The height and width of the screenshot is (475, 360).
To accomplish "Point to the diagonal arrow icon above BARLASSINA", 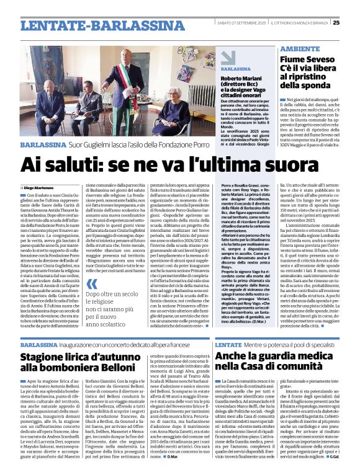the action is coord(228,56).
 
